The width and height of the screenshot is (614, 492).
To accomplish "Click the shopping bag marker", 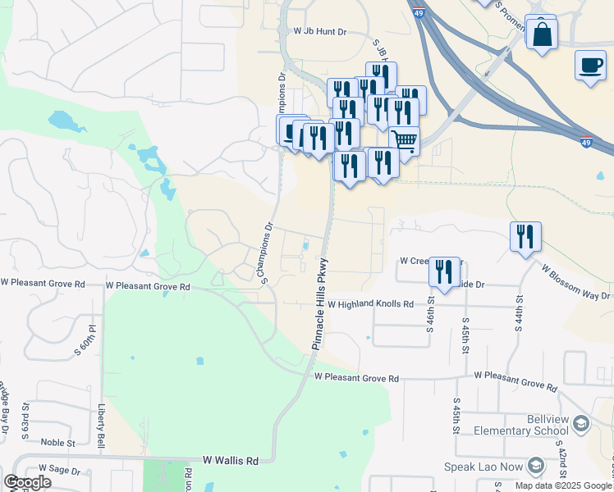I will point(542,35).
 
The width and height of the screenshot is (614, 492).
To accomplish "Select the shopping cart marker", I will point(404,141).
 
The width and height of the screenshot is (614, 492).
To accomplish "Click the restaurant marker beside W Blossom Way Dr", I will point(525,237).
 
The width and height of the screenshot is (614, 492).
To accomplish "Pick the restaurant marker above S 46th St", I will point(444,272).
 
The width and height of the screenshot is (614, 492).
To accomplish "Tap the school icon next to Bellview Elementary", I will point(581,424).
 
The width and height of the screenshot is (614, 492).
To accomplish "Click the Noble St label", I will point(57,443).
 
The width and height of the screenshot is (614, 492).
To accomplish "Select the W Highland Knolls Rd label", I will point(370,303).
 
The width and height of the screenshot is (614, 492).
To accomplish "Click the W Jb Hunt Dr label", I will point(320,31).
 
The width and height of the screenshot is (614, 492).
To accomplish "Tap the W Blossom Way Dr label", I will point(575,281).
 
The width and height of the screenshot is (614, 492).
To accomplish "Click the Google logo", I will point(28,482).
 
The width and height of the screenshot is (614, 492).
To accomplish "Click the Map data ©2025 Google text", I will point(563,485).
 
